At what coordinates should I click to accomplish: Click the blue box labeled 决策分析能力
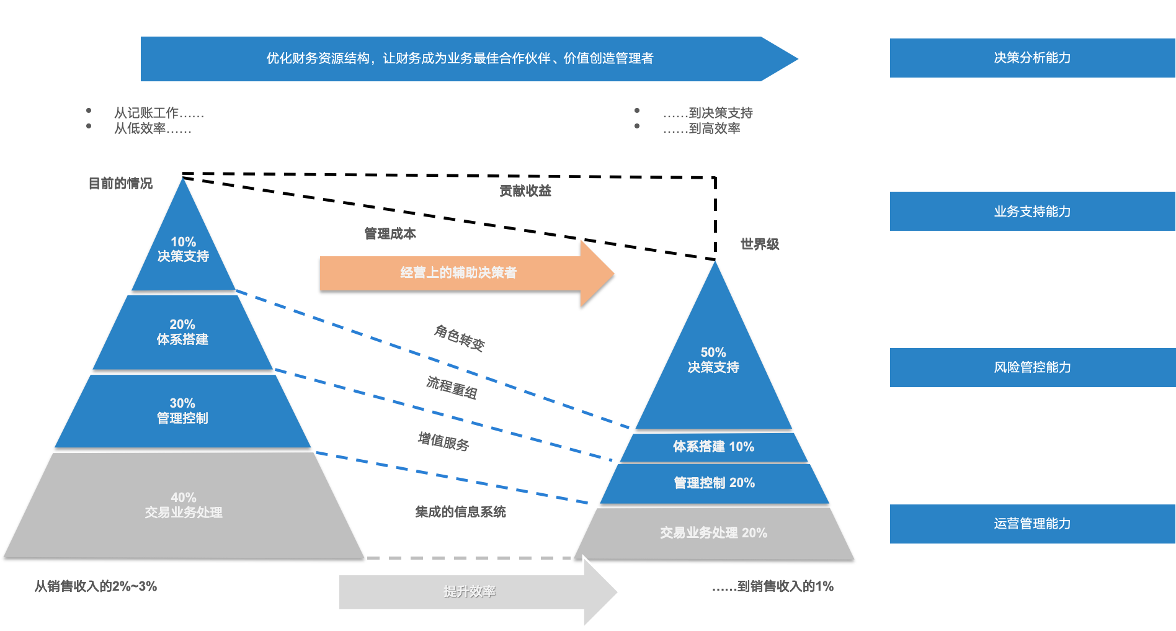tap(1032, 58)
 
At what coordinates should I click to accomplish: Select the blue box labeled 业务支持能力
tap(1032, 211)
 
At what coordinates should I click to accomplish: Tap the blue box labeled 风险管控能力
tap(1032, 367)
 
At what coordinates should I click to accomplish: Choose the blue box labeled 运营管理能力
tap(1032, 524)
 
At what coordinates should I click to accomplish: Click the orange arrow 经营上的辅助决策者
tap(459, 273)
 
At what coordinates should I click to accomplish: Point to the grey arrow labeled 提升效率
tap(470, 591)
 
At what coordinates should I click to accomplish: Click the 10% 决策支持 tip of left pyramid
tap(183, 249)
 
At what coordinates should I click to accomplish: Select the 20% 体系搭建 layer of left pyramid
tap(182, 332)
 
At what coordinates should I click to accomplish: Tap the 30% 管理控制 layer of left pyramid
tap(182, 411)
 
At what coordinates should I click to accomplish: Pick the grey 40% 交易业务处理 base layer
tap(184, 505)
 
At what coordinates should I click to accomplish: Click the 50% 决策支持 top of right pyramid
tap(713, 360)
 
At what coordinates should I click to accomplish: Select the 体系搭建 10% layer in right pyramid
tap(713, 447)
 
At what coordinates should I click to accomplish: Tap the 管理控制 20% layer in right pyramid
tap(715, 483)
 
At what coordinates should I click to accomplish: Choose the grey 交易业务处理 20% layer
tap(713, 533)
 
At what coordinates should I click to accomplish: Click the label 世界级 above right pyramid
tap(760, 244)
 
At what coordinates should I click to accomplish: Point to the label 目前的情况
tap(120, 183)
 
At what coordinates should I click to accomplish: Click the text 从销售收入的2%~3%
tap(96, 586)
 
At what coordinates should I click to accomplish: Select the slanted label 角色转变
tap(459, 338)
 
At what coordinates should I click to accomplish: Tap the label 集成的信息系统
tap(460, 512)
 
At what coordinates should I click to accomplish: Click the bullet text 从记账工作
tap(158, 113)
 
